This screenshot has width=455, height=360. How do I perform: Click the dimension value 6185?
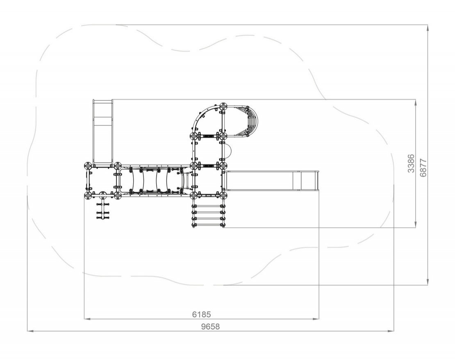(201, 314)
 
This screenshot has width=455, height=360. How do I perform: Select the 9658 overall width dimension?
(211, 327)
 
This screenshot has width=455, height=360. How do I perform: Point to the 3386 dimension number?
(411, 163)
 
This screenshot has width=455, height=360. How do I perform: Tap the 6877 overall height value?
(423, 168)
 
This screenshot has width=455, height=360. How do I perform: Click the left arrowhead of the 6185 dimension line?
(87, 319)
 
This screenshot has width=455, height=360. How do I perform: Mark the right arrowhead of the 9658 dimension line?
(391, 331)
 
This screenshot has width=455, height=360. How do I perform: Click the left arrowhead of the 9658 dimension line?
(30, 331)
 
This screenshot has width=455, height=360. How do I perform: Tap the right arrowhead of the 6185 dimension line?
(316, 319)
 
